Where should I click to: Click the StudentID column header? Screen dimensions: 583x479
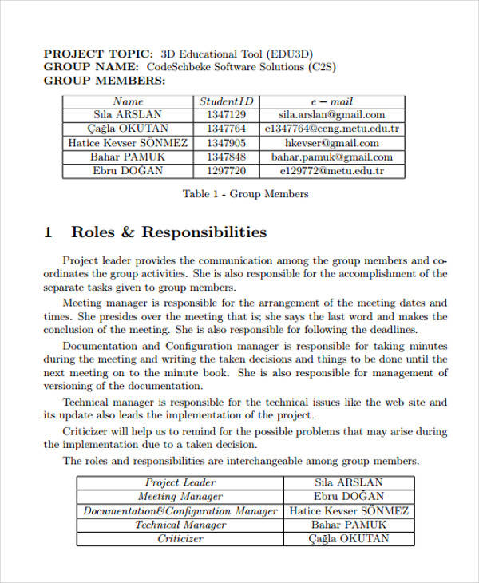click(x=226, y=101)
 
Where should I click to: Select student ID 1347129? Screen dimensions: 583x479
click(x=226, y=115)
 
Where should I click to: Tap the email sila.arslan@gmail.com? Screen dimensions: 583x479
click(x=331, y=115)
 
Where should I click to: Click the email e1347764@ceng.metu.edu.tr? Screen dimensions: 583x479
click(x=331, y=129)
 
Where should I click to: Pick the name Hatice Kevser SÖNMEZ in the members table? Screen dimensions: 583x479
click(x=128, y=143)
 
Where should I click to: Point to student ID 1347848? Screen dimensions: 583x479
click(x=226, y=157)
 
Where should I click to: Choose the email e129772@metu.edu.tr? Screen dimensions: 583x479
click(x=331, y=171)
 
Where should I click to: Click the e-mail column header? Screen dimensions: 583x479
click(x=331, y=101)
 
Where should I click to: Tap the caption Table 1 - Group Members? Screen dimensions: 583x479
click(x=245, y=194)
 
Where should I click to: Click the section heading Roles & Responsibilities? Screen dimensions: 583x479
click(x=168, y=232)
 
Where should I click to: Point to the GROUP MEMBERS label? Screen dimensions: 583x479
click(x=105, y=81)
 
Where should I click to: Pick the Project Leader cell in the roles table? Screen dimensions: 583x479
click(x=180, y=482)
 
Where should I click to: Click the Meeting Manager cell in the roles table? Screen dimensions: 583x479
click(x=180, y=497)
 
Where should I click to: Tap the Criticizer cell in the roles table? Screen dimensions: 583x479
click(x=180, y=539)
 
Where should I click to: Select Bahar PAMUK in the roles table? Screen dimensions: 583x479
click(x=349, y=525)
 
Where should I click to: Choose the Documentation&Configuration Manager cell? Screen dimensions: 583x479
click(x=180, y=511)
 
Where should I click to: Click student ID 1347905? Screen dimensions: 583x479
click(x=226, y=143)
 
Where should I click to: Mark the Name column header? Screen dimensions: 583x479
click(x=128, y=101)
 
